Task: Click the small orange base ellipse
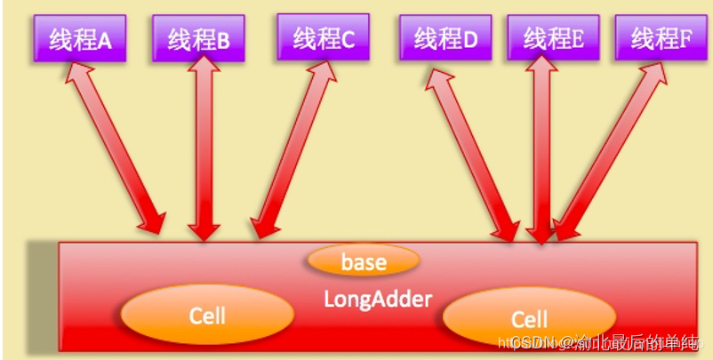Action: [364, 261]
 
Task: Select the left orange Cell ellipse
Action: [207, 315]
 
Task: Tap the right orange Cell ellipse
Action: [529, 318]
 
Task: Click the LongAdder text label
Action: [377, 300]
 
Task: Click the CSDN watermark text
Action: [533, 343]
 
